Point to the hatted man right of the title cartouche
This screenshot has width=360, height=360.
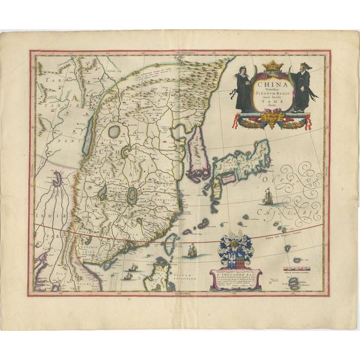tap(299, 89)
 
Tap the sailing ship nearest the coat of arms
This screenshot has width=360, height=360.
tap(192, 250)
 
